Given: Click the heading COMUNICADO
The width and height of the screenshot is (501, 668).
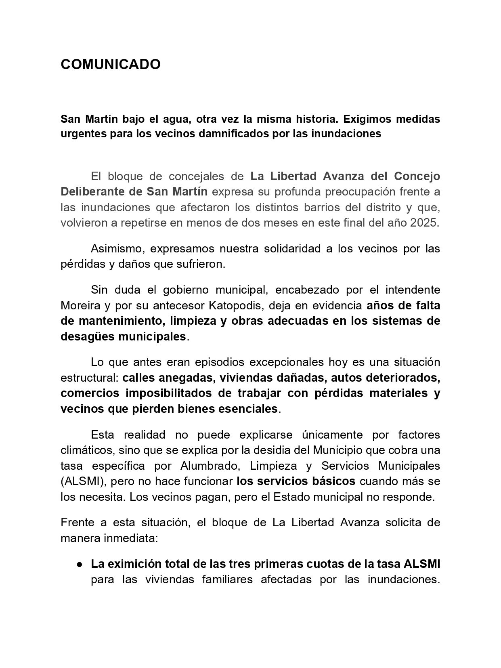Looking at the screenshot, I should pos(110,64).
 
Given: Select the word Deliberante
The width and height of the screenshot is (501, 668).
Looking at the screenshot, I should pos(94,191).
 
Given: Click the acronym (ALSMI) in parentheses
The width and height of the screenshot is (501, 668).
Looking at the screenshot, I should pos(82,481).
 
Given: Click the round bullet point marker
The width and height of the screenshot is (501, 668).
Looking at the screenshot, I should pos(80,564).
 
